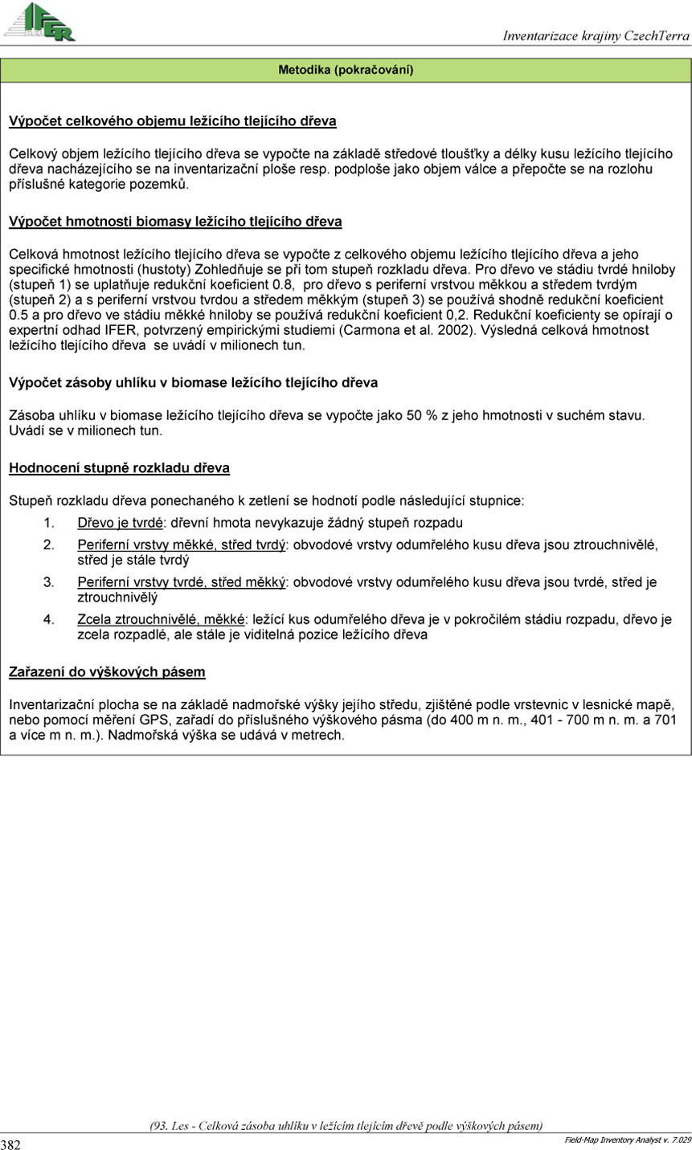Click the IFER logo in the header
click(40, 22)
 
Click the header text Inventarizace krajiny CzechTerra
click(596, 36)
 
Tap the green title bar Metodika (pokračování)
click(346, 71)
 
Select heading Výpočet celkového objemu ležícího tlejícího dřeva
click(172, 122)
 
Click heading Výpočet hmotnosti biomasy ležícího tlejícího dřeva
click(175, 221)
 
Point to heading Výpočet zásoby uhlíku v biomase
click(193, 382)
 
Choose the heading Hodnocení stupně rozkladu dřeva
click(119, 467)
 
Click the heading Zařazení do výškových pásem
click(107, 671)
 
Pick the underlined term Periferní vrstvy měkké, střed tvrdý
click(182, 545)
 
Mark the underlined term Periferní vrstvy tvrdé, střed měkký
click(182, 582)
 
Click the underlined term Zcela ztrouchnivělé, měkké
click(161, 620)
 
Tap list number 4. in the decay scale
click(48, 620)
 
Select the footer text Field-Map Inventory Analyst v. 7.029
click(627, 1140)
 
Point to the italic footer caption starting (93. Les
click(346, 1125)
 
